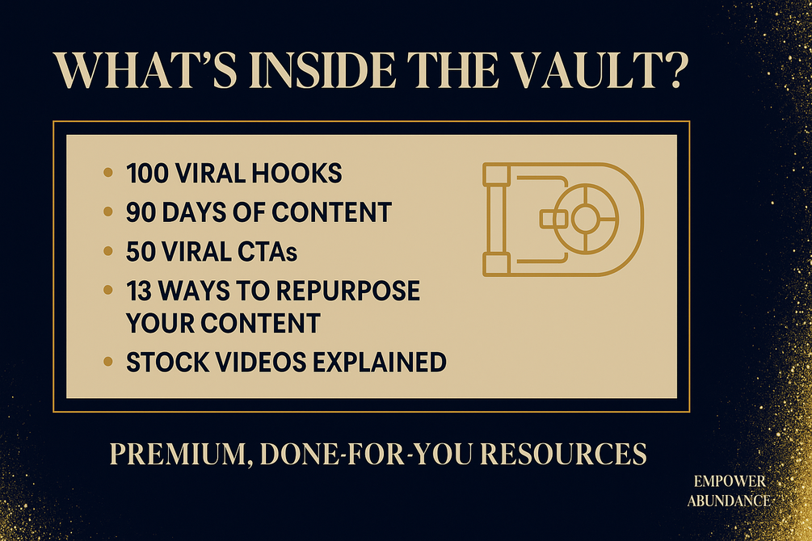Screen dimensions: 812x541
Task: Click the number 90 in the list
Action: coord(141,213)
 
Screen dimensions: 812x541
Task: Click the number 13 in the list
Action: coord(139,291)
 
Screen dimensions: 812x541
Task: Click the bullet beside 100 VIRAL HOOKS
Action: coord(108,173)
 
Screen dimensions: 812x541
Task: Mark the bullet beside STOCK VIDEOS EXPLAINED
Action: coord(108,362)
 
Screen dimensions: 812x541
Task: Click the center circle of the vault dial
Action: coord(586,219)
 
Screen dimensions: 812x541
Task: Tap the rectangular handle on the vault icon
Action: coord(553,219)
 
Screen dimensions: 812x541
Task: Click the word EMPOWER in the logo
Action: coord(730,481)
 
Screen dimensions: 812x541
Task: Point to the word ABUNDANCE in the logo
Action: coord(729,501)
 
